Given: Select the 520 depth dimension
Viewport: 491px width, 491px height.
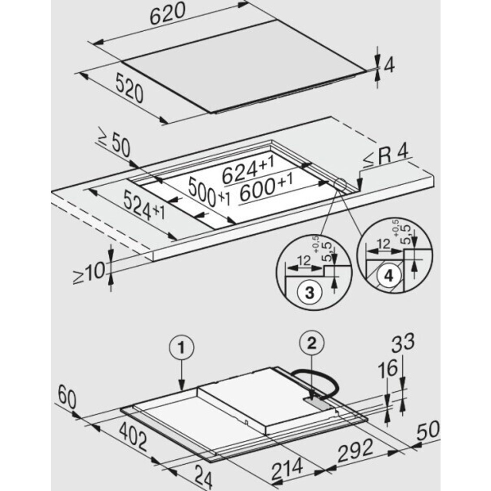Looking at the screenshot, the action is point(129,88).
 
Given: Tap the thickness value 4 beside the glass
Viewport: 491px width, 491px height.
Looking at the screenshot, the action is point(389,66).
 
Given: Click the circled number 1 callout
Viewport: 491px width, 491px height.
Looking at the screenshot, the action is point(181,348).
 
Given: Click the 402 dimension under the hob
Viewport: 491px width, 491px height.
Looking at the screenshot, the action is point(133,437).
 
